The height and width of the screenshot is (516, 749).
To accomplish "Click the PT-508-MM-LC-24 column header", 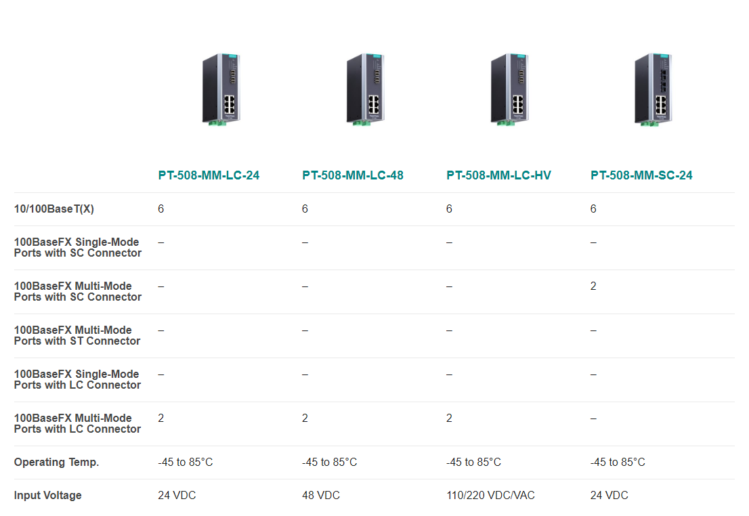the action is (x=209, y=175).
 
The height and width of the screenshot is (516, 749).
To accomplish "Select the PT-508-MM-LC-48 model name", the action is (x=353, y=175).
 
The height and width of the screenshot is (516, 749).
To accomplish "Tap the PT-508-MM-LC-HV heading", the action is (x=498, y=175).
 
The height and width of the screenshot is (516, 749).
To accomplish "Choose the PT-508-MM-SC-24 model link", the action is (x=641, y=175).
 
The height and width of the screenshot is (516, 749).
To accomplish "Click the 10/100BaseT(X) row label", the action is (x=54, y=209).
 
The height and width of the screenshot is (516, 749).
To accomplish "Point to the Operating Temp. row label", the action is (x=56, y=462).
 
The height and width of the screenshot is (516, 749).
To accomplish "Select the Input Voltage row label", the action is (x=48, y=496).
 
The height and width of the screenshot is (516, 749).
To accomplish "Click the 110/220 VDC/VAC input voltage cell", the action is (x=490, y=496).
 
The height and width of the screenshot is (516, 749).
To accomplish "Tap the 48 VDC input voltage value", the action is (x=321, y=496).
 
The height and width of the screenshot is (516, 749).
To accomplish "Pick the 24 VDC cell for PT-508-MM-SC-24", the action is (x=609, y=496).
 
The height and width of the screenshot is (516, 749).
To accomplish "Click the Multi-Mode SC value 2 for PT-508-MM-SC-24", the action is (x=593, y=286).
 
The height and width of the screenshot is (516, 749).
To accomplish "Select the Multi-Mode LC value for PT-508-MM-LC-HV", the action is (x=449, y=418).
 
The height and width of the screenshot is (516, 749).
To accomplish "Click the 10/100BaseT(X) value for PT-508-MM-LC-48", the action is (x=305, y=209).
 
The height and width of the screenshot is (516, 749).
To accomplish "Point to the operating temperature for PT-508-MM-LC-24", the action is (x=186, y=462).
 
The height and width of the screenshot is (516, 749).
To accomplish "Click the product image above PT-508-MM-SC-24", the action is (x=653, y=89).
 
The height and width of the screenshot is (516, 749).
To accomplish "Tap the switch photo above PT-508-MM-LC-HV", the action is (x=510, y=89).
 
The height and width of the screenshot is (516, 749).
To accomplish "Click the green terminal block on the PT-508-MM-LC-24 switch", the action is (x=217, y=123).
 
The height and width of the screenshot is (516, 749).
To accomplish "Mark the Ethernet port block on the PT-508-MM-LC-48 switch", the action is (x=374, y=105).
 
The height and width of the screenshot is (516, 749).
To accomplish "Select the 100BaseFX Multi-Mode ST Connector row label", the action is (x=77, y=335).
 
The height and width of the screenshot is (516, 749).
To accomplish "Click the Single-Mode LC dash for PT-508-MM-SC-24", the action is (x=593, y=374).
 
